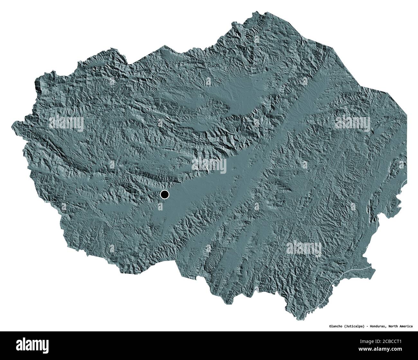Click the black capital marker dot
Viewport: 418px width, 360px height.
(165, 194)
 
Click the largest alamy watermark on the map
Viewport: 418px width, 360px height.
(209, 166)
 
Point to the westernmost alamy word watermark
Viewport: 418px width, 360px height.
(66, 123)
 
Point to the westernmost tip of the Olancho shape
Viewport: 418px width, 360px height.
(12, 122)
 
